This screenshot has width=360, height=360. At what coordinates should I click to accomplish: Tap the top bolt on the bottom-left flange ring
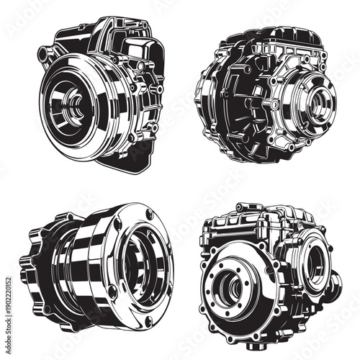[148, 214]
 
